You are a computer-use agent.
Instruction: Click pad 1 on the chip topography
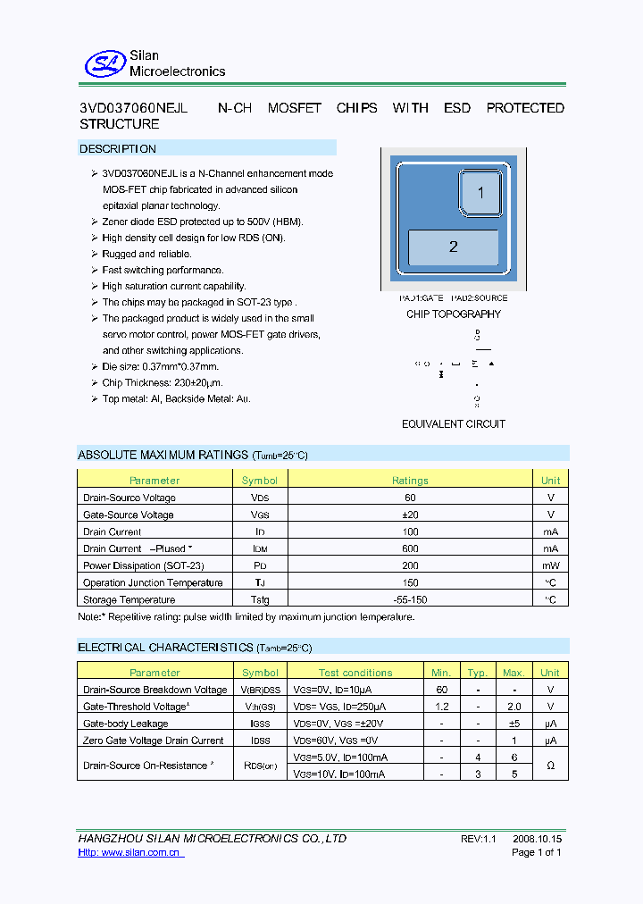tap(480, 193)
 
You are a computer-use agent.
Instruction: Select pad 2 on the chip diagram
tap(453, 247)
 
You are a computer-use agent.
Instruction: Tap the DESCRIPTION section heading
tap(118, 149)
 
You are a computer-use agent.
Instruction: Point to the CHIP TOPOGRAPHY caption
tap(454, 314)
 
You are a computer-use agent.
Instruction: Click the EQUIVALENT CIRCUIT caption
tap(454, 424)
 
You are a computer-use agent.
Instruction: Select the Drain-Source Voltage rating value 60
tap(410, 498)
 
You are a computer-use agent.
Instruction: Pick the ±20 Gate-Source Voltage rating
tap(410, 515)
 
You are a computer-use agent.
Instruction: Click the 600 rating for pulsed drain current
tap(410, 548)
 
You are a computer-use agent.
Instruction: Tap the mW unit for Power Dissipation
tap(551, 565)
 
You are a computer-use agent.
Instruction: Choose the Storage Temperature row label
tap(129, 600)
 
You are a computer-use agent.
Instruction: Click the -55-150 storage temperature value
tap(410, 600)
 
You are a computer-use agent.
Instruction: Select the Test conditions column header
tap(355, 673)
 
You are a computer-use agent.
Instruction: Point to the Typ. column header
tap(478, 673)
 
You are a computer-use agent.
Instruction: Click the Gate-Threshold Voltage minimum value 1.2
tap(441, 707)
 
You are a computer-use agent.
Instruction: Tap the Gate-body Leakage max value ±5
tap(514, 724)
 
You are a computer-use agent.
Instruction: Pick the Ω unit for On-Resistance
tap(551, 766)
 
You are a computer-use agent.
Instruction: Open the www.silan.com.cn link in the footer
tap(130, 853)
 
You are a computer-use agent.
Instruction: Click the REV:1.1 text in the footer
tap(478, 840)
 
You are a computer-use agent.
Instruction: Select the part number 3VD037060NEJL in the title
tap(133, 108)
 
